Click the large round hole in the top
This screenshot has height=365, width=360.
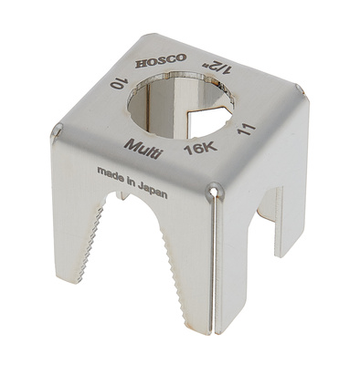[180, 108]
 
